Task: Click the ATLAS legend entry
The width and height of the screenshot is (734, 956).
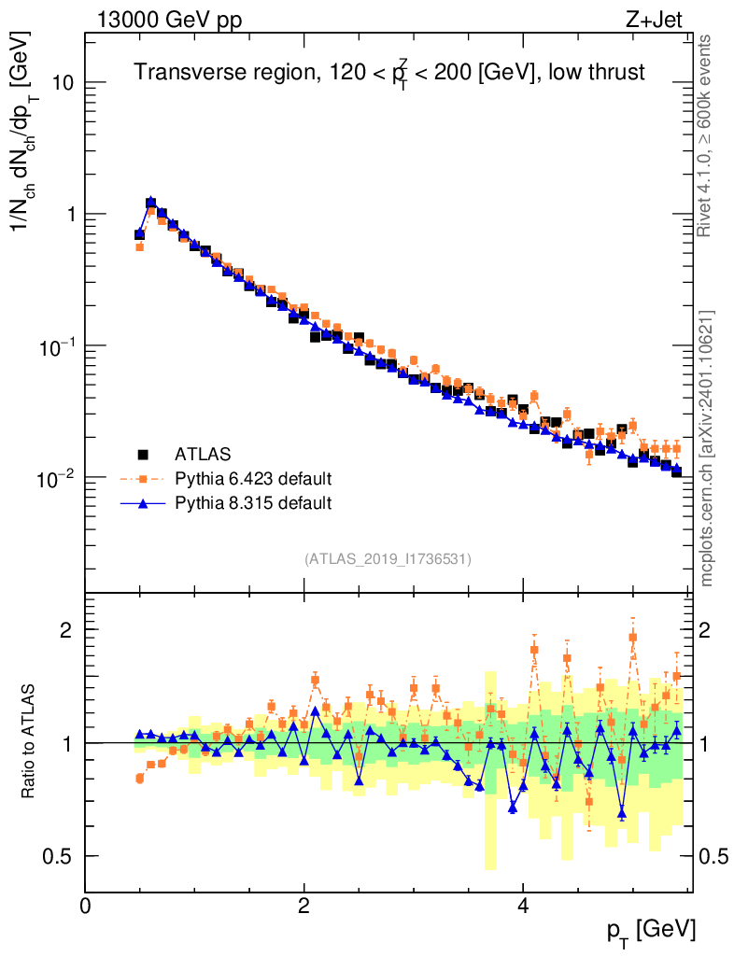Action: click(x=198, y=455)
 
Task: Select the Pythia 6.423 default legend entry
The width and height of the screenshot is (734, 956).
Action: click(x=252, y=480)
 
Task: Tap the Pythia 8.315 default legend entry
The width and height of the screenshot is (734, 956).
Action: click(x=252, y=504)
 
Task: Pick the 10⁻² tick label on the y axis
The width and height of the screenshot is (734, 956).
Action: click(x=53, y=479)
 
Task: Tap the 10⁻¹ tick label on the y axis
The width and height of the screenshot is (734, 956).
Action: click(x=53, y=347)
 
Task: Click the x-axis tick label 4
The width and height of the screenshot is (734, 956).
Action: click(x=523, y=906)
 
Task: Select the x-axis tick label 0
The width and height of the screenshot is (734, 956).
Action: click(x=86, y=906)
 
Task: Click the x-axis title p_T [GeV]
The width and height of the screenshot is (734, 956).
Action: click(x=651, y=930)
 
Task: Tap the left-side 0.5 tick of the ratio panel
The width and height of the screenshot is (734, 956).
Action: click(x=63, y=856)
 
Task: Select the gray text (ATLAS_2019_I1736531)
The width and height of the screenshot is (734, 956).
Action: click(x=388, y=559)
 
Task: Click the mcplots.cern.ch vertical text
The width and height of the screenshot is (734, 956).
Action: click(x=707, y=448)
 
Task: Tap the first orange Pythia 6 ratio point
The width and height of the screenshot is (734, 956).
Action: click(x=140, y=778)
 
